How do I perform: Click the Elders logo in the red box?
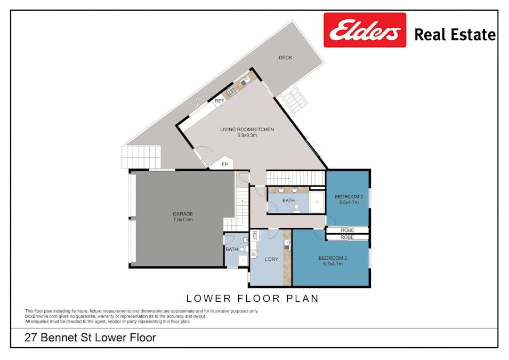coord(365,31)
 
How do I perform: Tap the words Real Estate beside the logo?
coord(455,35)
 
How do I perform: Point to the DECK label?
coord(285,58)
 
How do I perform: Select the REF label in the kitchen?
coord(219,101)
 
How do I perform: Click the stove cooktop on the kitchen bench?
coord(232,92)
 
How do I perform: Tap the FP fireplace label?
coord(225,164)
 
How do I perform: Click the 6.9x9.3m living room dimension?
coord(247,135)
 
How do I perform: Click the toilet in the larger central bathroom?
coord(296,207)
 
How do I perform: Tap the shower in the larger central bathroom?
coord(317,202)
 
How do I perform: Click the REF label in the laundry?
coord(255,236)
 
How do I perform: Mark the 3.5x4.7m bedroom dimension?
coord(349,203)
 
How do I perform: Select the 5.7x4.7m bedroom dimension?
coord(330,263)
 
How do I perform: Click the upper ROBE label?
coord(347,230)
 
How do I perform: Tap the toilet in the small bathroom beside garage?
coord(245,248)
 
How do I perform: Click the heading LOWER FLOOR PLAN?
coord(252,298)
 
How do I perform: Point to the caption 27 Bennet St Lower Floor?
coord(91,338)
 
